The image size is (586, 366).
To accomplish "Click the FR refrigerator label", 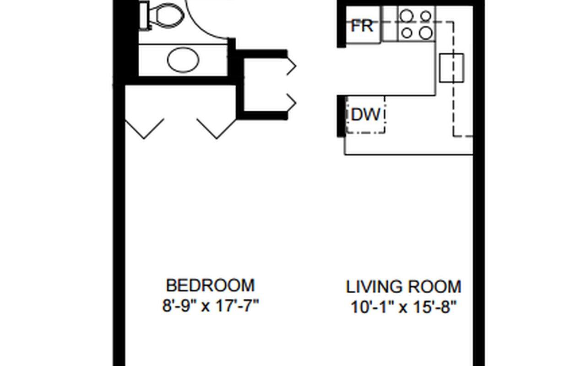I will [362, 26].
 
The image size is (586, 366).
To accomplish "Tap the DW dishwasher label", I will [365, 114].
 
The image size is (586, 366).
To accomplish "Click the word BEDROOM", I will [210, 285].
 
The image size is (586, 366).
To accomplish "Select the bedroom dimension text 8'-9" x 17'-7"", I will [210, 305].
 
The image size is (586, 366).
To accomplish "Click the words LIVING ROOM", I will [403, 287].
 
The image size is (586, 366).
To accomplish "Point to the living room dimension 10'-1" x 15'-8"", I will [404, 307].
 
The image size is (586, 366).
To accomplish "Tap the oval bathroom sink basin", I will [183, 60].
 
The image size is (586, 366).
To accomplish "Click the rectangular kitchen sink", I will [451, 68].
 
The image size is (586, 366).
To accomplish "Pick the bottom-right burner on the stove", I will [426, 32].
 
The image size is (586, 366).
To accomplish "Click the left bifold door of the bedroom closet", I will [144, 128].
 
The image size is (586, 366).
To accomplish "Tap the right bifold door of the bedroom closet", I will [216, 128].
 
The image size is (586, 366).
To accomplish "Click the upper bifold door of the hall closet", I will [291, 66].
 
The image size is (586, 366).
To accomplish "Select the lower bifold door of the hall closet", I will [291, 103].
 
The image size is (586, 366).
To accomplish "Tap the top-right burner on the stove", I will [426, 16].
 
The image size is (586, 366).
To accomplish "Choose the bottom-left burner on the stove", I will [406, 32].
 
